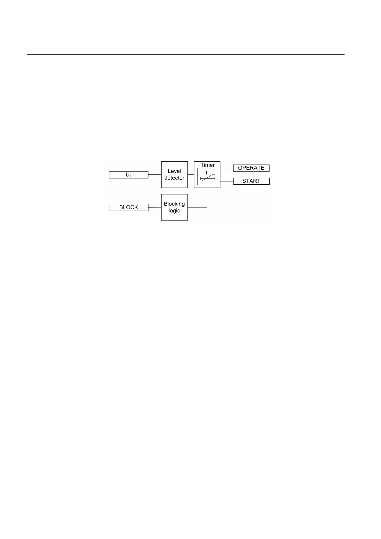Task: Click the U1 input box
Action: (128, 175)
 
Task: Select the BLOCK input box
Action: (128, 207)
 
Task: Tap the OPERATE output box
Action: (251, 168)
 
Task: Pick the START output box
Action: (251, 181)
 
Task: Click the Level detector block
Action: (174, 174)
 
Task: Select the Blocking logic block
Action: (174, 207)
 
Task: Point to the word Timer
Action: (208, 165)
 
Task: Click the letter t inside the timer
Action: (207, 173)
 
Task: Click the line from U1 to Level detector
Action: (155, 175)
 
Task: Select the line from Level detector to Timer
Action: (191, 175)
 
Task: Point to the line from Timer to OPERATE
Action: (227, 168)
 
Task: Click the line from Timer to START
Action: (227, 181)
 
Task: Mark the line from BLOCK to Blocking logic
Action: (155, 207)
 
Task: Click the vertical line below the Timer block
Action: (207, 197)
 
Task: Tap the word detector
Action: (174, 178)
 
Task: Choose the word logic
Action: (174, 211)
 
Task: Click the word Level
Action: (174, 171)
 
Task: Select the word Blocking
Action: (174, 204)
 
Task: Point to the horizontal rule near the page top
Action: (186, 55)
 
